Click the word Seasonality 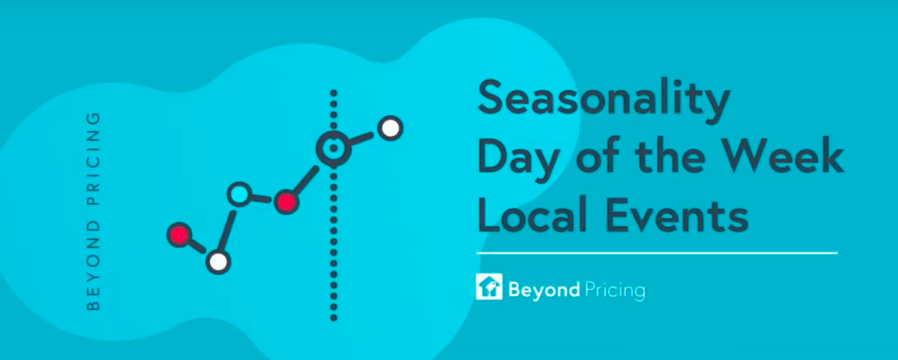tap(604, 99)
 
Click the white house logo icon tap(489, 286)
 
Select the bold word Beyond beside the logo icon tap(544, 290)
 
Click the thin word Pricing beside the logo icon tap(615, 290)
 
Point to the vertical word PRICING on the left tap(93, 159)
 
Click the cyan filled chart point tap(240, 194)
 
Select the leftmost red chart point tap(179, 235)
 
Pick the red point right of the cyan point tap(286, 202)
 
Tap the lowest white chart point tap(218, 261)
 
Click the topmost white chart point tap(391, 128)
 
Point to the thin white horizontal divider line tap(657, 253)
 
